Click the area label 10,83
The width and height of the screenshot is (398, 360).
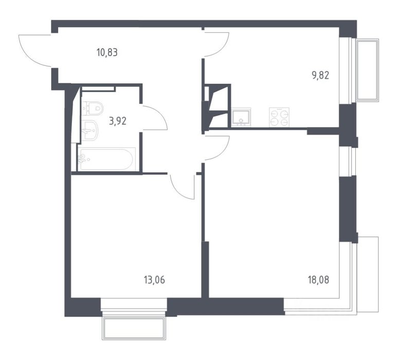[x=107, y=52]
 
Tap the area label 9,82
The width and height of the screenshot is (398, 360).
[x=320, y=75]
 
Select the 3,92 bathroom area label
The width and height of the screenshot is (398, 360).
[x=118, y=121]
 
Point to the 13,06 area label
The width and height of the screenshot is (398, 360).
[x=154, y=280]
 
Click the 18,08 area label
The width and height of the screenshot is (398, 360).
[x=318, y=280]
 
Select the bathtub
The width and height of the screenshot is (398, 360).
[x=106, y=159]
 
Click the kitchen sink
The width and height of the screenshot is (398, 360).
[x=241, y=117]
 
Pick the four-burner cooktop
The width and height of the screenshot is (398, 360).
[x=279, y=117]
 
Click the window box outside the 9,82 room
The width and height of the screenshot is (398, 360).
[x=367, y=70]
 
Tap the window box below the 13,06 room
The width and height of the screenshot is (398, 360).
[x=134, y=329]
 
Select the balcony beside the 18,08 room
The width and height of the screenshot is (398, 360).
[x=368, y=275]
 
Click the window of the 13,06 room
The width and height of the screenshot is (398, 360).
[x=134, y=304]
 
